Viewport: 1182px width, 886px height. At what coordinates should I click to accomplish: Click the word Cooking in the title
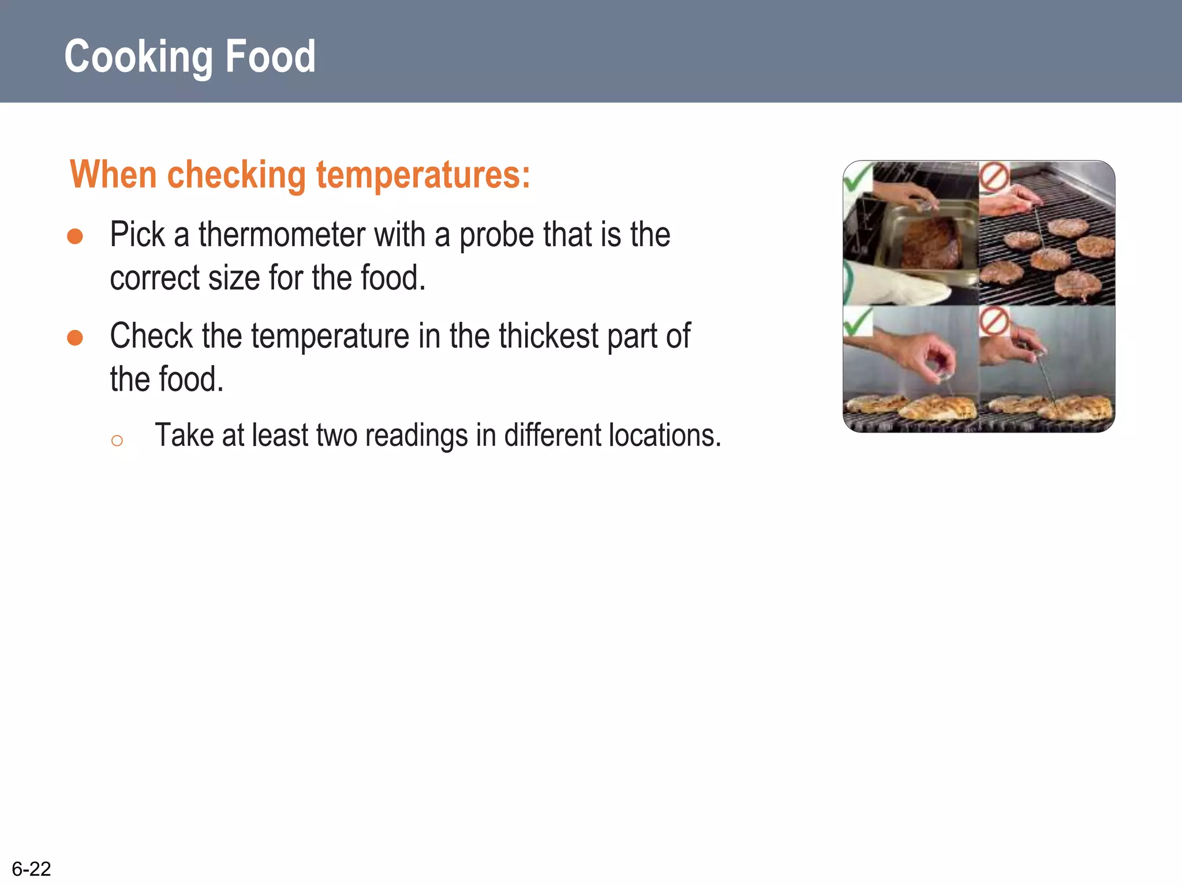139,57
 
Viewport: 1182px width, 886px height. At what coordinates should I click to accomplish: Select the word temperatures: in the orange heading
423,175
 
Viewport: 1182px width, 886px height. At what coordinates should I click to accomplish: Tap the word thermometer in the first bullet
282,235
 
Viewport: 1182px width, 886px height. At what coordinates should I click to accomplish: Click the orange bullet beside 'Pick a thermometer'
75,236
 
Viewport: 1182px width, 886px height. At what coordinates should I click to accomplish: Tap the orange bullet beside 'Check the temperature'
75,337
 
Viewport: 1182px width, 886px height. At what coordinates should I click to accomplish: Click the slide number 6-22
32,869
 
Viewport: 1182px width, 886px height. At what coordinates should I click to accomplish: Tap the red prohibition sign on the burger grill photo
994,177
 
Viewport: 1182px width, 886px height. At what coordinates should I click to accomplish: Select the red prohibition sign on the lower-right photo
994,321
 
